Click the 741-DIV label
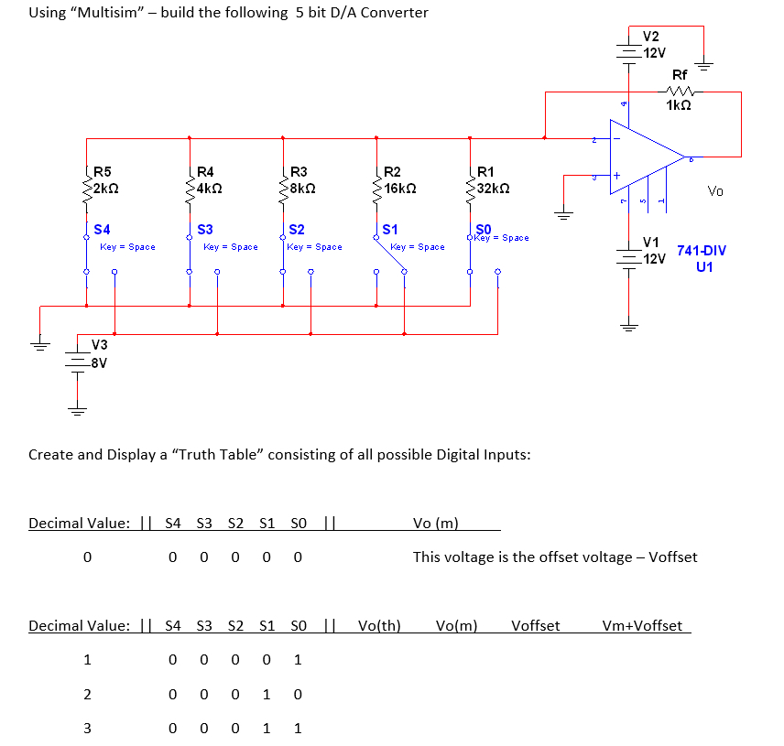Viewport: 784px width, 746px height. pos(702,250)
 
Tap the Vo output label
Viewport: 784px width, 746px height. pos(715,191)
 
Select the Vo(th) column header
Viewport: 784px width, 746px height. pos(379,625)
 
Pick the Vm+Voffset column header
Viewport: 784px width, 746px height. pos(642,625)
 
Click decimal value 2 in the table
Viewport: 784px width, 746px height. pos(87,695)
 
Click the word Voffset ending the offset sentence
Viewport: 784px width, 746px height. pos(672,557)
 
